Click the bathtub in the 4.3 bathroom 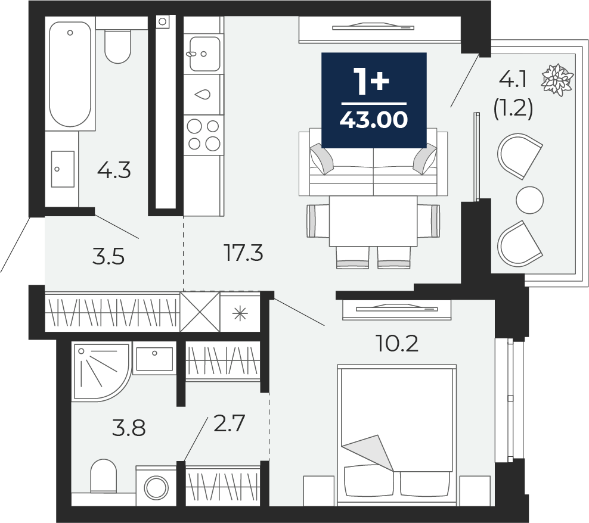[70, 74]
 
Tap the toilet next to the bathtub [117, 45]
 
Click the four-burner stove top [203, 134]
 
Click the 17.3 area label [244, 254]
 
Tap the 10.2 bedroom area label [397, 343]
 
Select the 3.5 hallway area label [108, 257]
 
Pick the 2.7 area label [230, 425]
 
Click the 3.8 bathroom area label [129, 427]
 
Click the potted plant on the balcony [557, 79]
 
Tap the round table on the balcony [529, 200]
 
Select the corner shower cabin [98, 371]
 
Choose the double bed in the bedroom [396, 432]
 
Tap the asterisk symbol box [240, 312]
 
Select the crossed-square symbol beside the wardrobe [200, 312]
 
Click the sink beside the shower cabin [154, 359]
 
